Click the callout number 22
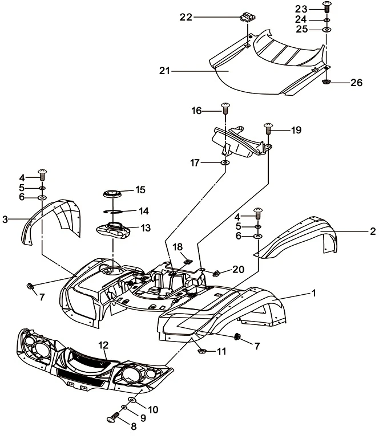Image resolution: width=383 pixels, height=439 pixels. (x=186, y=17)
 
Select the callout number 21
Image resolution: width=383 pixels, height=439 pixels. (x=164, y=71)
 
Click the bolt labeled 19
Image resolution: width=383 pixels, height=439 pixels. (x=268, y=129)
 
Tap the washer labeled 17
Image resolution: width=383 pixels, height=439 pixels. (x=225, y=164)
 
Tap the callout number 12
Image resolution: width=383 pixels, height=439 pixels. (x=103, y=344)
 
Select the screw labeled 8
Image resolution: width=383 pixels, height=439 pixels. (x=113, y=420)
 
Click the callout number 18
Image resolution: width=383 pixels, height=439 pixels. (x=178, y=246)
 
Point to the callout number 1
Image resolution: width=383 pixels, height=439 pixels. (x=313, y=293)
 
